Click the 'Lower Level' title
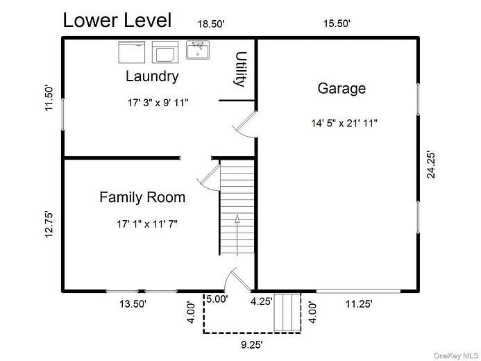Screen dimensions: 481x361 click(117, 20)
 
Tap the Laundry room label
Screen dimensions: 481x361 click(152, 76)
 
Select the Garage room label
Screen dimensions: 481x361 click(341, 89)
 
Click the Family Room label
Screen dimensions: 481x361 click(142, 197)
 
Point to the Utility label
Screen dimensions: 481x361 click(241, 69)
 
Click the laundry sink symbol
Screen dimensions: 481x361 click(198, 50)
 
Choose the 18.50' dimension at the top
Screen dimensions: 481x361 click(211, 24)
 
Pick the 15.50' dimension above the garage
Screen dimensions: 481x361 click(337, 24)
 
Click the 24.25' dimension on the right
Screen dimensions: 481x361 click(431, 165)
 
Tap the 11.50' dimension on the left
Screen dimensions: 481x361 click(49, 98)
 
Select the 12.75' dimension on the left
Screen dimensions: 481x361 click(49, 224)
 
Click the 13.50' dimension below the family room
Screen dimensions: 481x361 click(133, 304)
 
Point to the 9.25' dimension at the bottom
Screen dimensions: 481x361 click(251, 345)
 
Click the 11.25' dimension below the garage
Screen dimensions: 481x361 click(359, 304)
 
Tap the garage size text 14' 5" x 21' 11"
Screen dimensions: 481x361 click(344, 124)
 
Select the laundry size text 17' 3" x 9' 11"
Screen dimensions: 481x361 click(158, 103)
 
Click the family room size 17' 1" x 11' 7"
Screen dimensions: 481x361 click(147, 224)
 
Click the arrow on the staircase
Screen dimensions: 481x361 click(237, 235)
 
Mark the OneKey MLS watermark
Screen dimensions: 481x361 click(456, 355)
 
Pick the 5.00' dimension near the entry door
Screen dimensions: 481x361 click(217, 299)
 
